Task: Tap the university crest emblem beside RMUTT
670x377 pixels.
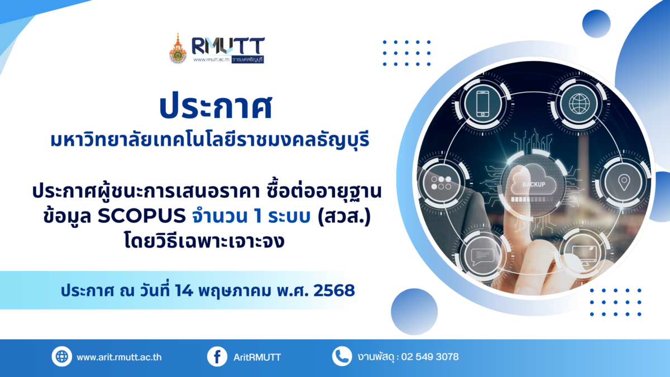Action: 178,49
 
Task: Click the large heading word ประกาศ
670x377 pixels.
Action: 216,107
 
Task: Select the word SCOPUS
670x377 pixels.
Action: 142,216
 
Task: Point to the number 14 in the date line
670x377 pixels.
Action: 184,290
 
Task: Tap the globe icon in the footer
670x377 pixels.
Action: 61,356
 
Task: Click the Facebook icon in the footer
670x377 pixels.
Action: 217,356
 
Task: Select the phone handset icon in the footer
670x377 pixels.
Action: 342,356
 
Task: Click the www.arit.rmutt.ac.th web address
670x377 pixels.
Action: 119,357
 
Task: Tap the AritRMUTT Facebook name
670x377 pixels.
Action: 257,357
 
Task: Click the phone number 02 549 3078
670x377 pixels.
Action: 430,357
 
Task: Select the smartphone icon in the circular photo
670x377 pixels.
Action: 483,104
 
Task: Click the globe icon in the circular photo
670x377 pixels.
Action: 579,104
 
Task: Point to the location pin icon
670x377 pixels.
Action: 624,182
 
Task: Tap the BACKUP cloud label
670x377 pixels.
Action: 534,184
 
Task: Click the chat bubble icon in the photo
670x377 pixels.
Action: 482,257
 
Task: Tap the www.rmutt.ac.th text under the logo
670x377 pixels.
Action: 211,60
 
